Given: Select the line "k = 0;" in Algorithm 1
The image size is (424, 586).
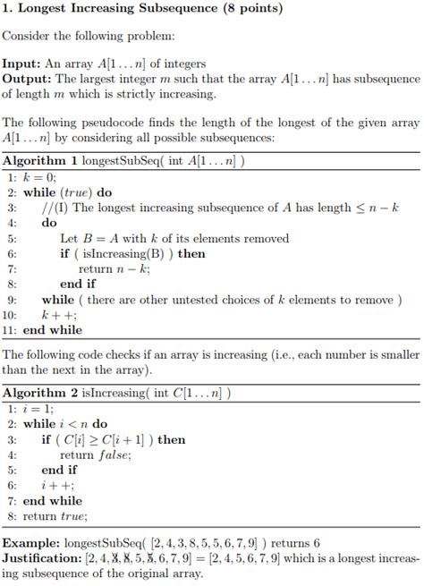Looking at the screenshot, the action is click(39, 178).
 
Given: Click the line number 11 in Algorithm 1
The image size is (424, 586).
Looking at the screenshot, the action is click(11, 330).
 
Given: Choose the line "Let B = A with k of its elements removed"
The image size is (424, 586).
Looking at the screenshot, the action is click(174, 239).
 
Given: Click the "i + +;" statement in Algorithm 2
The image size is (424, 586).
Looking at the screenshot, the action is click(54, 485).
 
